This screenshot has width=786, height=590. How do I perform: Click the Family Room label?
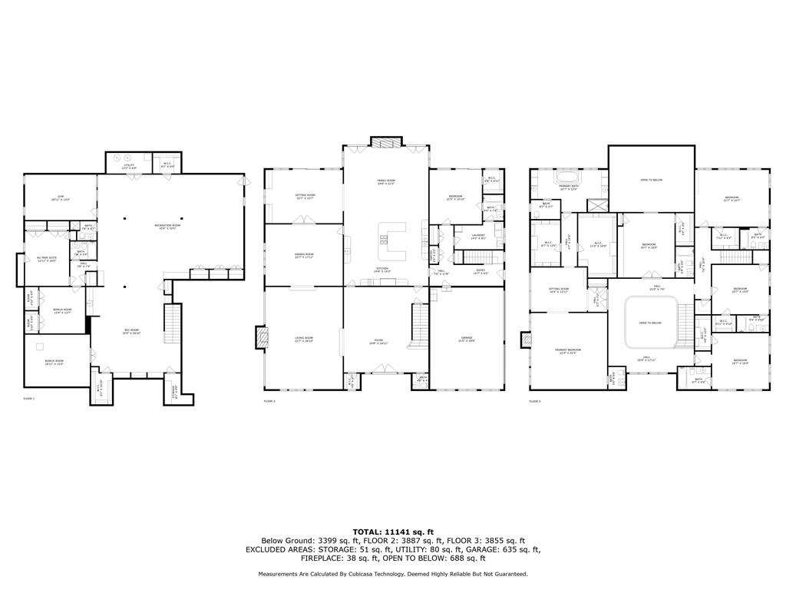point(385,183)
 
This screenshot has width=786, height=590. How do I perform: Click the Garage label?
point(467,338)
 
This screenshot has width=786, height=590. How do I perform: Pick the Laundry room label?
point(478,238)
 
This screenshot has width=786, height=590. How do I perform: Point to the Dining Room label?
point(304,255)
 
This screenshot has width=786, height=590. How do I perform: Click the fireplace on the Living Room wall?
point(262,336)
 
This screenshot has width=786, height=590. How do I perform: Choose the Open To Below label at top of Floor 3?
point(651,180)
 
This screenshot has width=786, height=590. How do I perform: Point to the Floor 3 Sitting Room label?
point(558,290)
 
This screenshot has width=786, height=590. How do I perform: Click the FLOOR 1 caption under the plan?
point(29,399)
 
